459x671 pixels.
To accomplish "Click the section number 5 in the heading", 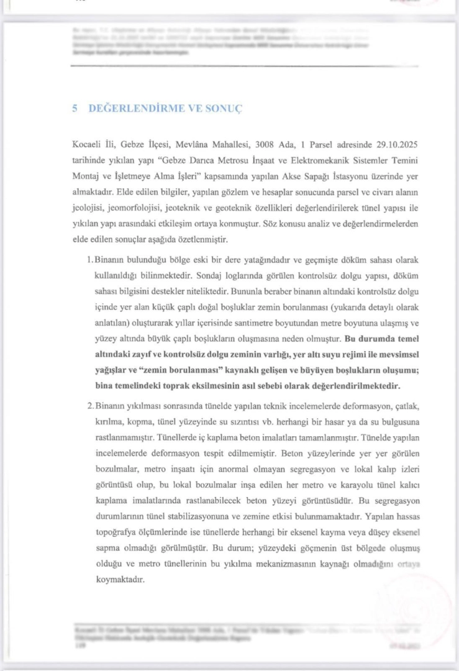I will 74,108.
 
